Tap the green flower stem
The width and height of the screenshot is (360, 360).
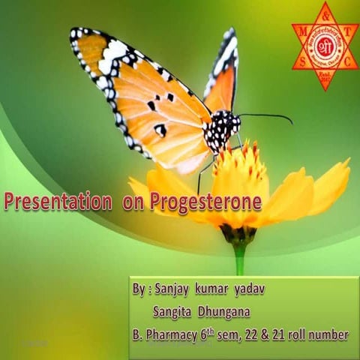click(x=240, y=259)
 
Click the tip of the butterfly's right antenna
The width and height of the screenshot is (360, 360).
click(x=291, y=120)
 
